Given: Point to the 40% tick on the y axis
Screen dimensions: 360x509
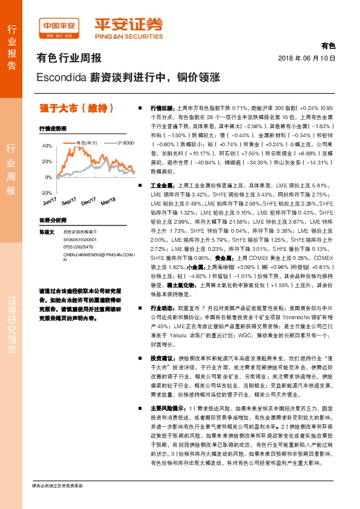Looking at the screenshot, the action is pos(47,146).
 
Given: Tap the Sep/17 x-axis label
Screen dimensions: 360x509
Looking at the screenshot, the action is pos(69,201).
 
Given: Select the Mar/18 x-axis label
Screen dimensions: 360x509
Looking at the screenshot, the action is pos(109,201).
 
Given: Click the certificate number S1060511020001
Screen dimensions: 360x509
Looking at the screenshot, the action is pos(80,239).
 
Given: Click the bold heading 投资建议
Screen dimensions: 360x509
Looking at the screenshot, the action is pos(162,358).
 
